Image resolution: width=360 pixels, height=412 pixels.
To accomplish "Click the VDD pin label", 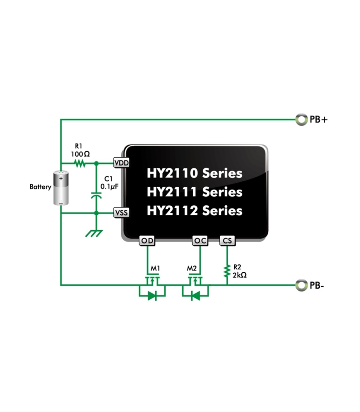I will click(x=121, y=163).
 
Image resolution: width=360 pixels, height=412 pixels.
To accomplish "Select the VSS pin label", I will click(x=121, y=213).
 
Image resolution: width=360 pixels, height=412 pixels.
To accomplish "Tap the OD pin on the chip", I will click(x=147, y=241).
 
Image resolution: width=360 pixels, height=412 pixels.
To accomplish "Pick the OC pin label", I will click(x=200, y=241).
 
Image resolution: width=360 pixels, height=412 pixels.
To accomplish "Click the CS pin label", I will click(x=227, y=241).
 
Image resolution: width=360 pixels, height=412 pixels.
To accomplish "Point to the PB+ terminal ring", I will click(x=301, y=120).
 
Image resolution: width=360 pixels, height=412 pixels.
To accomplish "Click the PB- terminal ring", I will click(x=301, y=285).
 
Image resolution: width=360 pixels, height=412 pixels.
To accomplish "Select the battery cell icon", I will click(x=61, y=188).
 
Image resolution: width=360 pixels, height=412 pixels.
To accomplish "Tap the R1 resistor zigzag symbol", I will click(x=80, y=163).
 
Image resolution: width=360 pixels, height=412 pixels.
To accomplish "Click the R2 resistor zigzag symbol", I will click(x=227, y=271).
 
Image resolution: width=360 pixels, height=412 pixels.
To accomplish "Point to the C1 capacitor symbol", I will click(x=96, y=196).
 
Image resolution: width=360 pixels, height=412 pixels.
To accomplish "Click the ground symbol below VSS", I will click(x=94, y=233).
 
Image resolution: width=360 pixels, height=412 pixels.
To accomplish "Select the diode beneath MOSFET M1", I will click(x=152, y=296).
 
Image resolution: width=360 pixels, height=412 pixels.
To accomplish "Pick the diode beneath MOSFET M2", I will click(x=196, y=296).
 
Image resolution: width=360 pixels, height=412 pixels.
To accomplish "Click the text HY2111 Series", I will click(x=194, y=192).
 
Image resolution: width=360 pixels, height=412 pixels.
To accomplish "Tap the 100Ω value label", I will click(x=80, y=154).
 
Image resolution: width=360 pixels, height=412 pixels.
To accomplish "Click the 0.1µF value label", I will click(x=109, y=187).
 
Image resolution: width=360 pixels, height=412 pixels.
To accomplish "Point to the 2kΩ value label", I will click(x=240, y=275).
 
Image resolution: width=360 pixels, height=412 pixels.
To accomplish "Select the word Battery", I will click(x=40, y=187).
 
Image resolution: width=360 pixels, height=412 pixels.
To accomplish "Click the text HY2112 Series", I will click(x=194, y=211).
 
